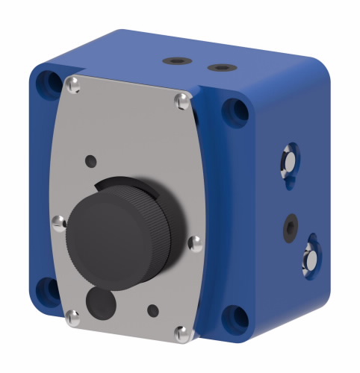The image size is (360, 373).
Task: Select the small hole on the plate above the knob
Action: click(x=90, y=160)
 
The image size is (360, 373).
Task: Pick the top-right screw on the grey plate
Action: click(x=181, y=101)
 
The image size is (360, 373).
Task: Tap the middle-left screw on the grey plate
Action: click(x=56, y=220)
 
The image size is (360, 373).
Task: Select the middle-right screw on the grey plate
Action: click(x=195, y=242)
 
